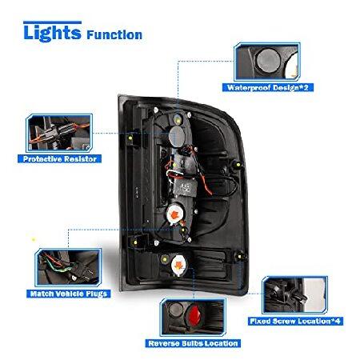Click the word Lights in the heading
52,34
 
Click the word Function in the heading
114,35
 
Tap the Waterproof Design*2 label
268,87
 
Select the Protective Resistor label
59,159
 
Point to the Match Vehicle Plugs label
69,294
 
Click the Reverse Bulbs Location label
193,343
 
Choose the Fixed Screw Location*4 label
295,321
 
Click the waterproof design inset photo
267,62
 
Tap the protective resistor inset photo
59,133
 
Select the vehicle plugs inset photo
68,267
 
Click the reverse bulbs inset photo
193,317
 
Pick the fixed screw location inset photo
294,295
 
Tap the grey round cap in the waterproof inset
268,61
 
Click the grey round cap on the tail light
178,137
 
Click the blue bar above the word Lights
52,22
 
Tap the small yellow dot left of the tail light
34,240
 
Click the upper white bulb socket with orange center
175,214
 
